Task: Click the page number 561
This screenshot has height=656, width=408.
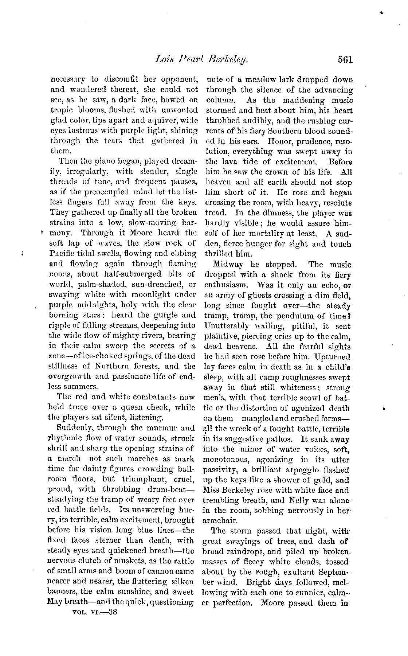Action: coord(345,59)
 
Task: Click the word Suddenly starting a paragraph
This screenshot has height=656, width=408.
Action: coord(76,428)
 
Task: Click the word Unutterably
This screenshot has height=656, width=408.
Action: coord(227,326)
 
